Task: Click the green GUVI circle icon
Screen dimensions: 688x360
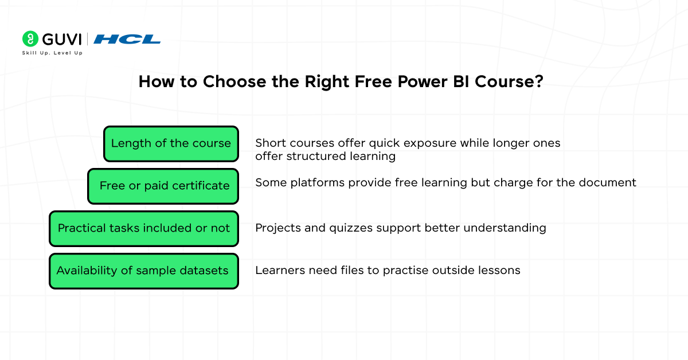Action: tap(30, 39)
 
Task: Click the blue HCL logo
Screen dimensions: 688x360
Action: tap(127, 40)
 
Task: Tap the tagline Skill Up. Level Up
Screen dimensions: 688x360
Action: tap(52, 53)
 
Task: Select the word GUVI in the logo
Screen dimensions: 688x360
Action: tap(62, 40)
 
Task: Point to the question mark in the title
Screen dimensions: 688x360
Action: tap(539, 81)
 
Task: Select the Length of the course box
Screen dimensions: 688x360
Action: tap(171, 144)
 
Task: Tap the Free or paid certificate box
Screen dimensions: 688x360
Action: tap(163, 186)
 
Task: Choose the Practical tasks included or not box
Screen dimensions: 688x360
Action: tap(144, 229)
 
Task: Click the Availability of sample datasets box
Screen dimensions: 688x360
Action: tap(144, 271)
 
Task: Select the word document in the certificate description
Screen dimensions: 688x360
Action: tap(608, 182)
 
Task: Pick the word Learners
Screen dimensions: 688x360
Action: tap(280, 271)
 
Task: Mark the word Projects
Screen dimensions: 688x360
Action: tap(278, 228)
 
